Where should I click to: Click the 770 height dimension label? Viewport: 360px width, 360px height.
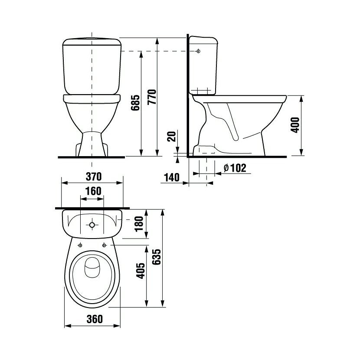(x=152, y=97)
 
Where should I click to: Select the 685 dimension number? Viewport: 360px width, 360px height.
(x=135, y=103)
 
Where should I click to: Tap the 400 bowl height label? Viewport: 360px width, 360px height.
(x=295, y=125)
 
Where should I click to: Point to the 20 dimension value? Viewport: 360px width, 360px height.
(x=171, y=136)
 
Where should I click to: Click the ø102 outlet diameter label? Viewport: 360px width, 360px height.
(x=235, y=168)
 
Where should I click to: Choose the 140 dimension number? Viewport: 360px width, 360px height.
(x=172, y=177)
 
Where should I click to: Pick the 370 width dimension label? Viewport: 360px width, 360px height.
(x=94, y=177)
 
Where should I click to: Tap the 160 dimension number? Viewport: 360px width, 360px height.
(x=93, y=191)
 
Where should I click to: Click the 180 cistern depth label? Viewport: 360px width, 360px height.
(x=139, y=224)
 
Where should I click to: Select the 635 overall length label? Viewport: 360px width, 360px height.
(x=157, y=257)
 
